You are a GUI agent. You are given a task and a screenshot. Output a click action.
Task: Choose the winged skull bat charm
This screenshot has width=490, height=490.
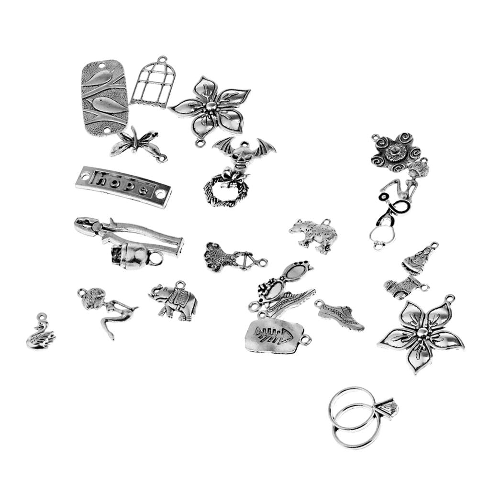click(x=244, y=153)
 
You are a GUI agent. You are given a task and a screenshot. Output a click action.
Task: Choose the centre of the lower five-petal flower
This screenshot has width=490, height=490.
click(x=422, y=333)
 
